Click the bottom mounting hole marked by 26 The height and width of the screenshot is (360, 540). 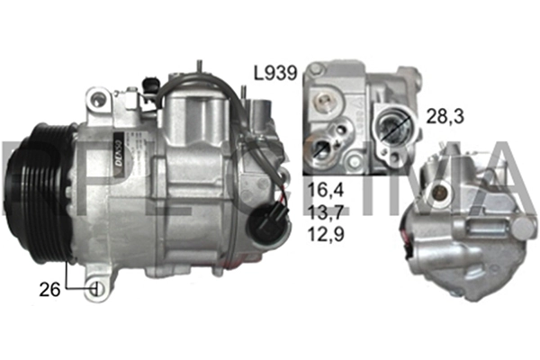97,289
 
